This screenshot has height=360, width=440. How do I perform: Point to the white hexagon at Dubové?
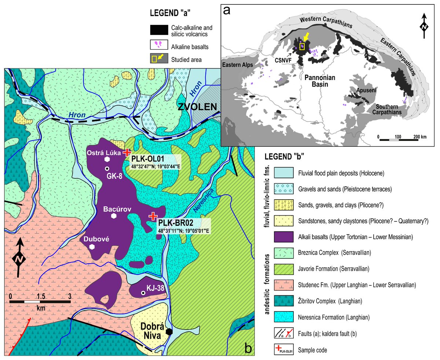coord(92,247)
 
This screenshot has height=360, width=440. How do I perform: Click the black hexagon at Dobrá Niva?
coord(169,331)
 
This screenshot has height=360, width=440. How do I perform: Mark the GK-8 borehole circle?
coord(107,168)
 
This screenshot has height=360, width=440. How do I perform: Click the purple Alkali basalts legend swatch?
coord(281,237)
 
